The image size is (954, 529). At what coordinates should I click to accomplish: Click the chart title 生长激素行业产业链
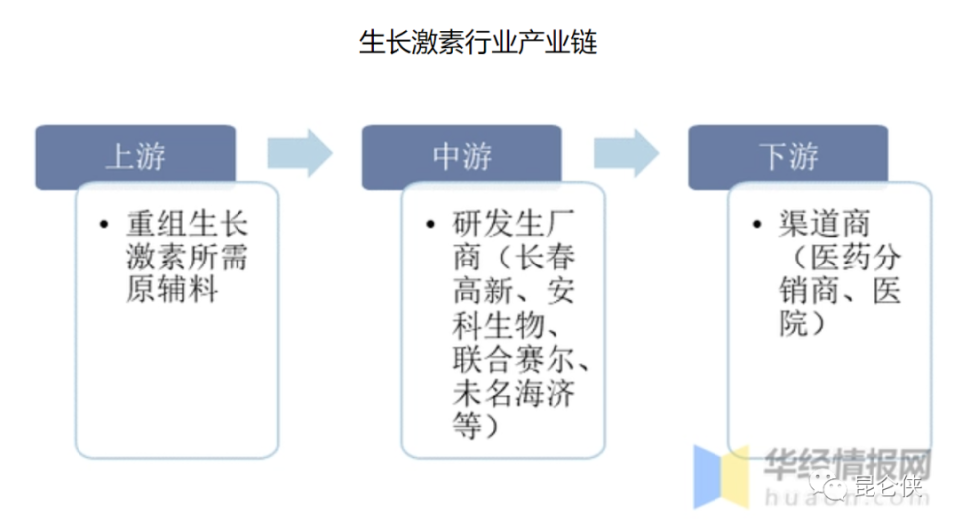pyautogui.click(x=477, y=44)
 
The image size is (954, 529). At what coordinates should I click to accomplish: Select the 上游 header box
pyautogui.click(x=135, y=157)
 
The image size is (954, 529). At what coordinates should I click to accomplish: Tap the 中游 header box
pyautogui.click(x=462, y=157)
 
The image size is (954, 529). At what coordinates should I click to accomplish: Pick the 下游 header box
pyautogui.click(x=788, y=157)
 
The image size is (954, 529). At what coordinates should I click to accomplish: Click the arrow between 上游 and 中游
pyautogui.click(x=299, y=153)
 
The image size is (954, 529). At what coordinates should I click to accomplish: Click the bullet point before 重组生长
pyautogui.click(x=103, y=225)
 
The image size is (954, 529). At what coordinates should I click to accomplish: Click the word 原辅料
pyautogui.click(x=172, y=291)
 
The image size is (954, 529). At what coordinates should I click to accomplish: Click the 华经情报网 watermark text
pyautogui.click(x=846, y=463)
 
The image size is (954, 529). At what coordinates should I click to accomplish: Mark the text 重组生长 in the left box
pyautogui.click(x=186, y=224)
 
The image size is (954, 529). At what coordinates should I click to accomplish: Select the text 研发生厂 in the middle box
pyautogui.click(x=513, y=224)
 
